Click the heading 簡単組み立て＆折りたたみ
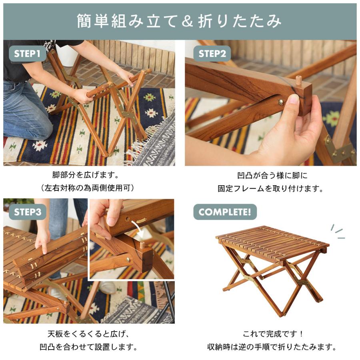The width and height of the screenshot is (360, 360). [180, 22]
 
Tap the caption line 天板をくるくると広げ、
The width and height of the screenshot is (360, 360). [89, 334]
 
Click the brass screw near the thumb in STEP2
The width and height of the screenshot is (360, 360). [281, 102]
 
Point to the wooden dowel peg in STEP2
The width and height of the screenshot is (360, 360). [298, 79]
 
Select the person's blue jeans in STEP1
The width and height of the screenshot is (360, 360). [24, 108]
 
